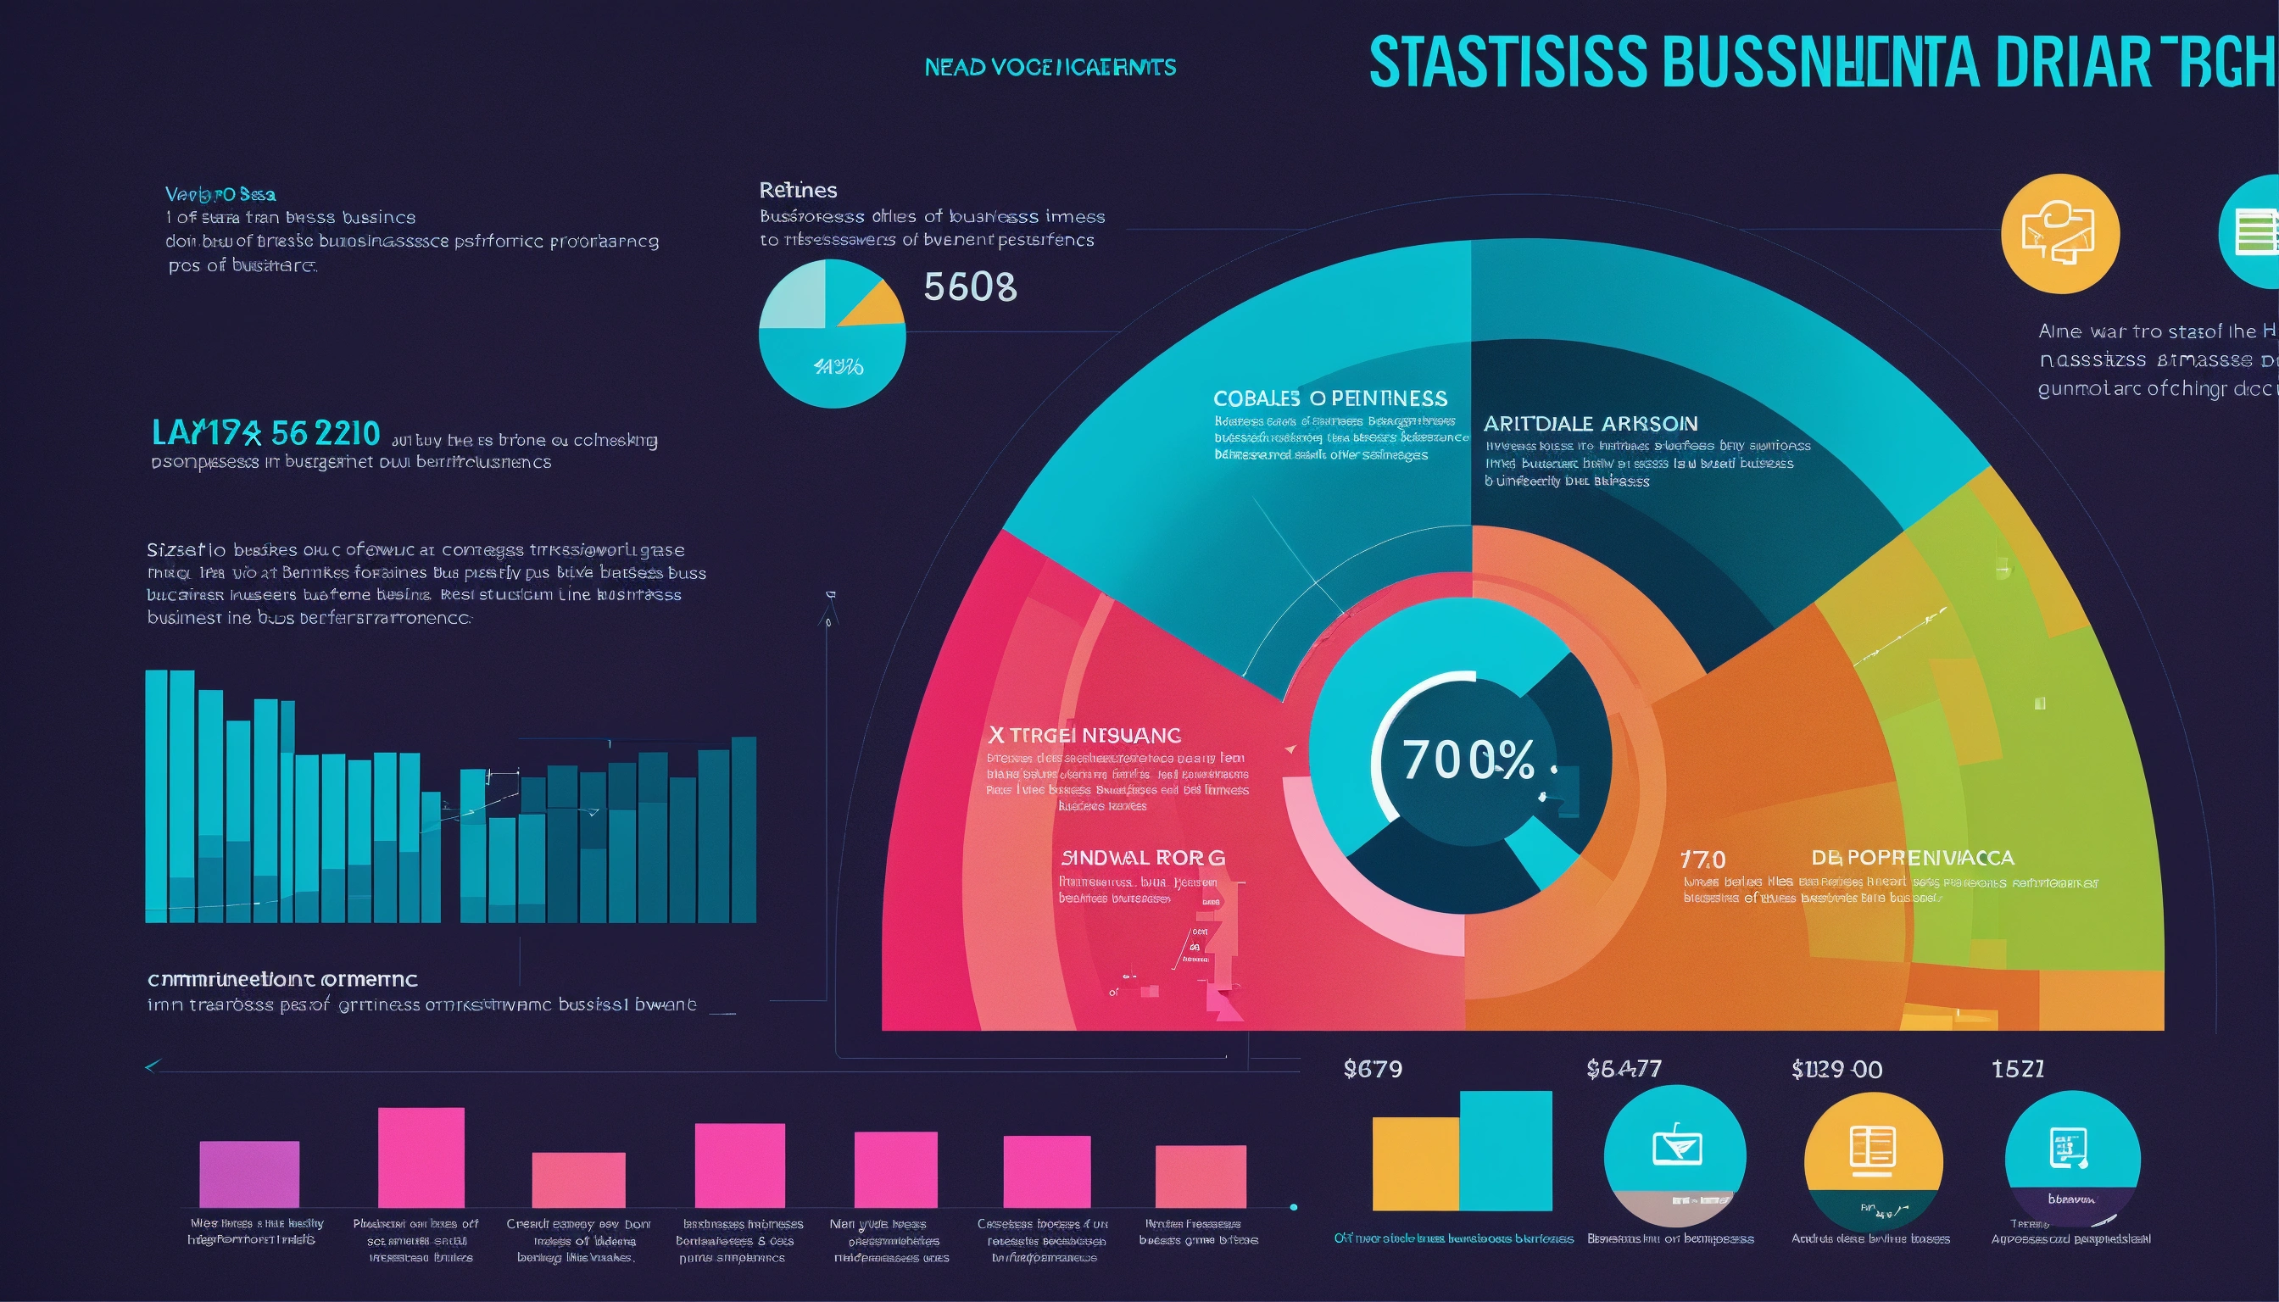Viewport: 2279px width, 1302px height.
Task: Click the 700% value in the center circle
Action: click(1468, 760)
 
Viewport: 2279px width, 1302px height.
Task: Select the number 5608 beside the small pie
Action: click(970, 287)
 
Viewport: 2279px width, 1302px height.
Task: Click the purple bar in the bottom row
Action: click(248, 1173)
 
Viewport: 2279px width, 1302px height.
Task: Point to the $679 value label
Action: click(1372, 1069)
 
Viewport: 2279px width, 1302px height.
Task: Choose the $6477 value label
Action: click(1624, 1069)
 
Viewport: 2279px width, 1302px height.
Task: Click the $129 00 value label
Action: click(1836, 1070)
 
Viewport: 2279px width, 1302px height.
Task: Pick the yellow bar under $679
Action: click(1415, 1162)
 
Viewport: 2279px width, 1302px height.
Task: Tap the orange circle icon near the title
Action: click(2060, 233)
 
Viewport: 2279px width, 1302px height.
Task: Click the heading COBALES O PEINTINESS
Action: click(1330, 398)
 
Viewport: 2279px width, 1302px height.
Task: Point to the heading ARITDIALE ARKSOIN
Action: click(1591, 423)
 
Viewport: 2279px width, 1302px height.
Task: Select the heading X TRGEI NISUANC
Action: click(1084, 735)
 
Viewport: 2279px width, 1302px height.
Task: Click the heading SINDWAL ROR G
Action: click(1142, 858)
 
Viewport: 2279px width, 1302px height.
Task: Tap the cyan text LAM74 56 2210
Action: click(265, 433)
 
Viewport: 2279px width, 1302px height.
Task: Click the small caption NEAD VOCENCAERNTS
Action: click(1050, 67)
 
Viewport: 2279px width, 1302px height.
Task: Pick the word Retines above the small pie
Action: click(798, 190)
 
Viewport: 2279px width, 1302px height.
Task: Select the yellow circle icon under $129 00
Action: click(1873, 1160)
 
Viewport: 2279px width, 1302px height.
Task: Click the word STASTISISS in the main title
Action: click(1507, 63)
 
